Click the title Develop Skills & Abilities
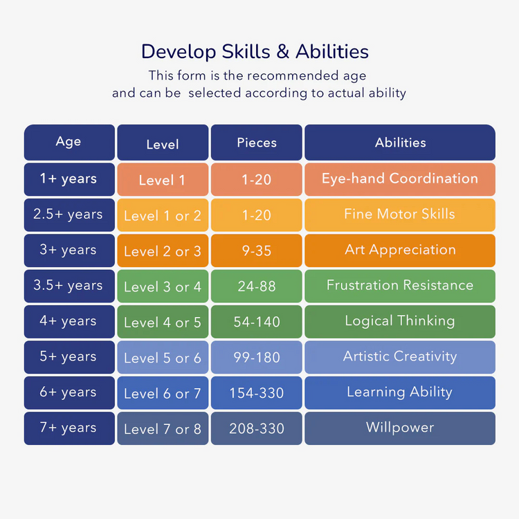255,52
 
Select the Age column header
69,142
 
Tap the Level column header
163,143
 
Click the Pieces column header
257,143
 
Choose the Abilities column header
400,143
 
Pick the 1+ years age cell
69,179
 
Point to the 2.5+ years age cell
69,215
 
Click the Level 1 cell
163,180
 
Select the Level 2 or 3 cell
163,251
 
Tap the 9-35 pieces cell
257,251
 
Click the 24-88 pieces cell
257,286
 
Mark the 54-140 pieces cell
257,322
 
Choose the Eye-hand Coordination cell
400,179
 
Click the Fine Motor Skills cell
400,214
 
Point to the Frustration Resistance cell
400,285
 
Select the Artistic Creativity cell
400,357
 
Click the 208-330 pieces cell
257,428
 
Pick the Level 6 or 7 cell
163,393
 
